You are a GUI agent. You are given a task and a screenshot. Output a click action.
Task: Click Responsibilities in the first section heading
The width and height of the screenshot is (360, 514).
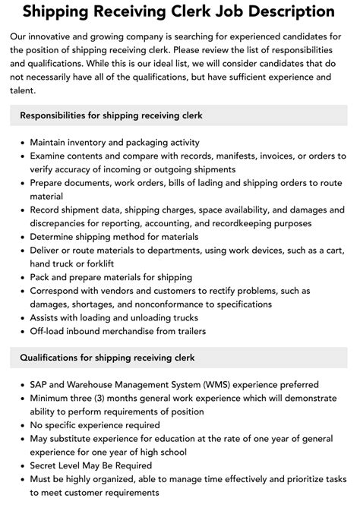(57, 115)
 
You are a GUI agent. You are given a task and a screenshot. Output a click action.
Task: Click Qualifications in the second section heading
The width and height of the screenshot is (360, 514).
(52, 358)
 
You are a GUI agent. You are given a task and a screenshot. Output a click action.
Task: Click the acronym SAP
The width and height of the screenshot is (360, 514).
(40, 385)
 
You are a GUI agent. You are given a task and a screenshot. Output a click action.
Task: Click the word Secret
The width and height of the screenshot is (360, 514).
(47, 466)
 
